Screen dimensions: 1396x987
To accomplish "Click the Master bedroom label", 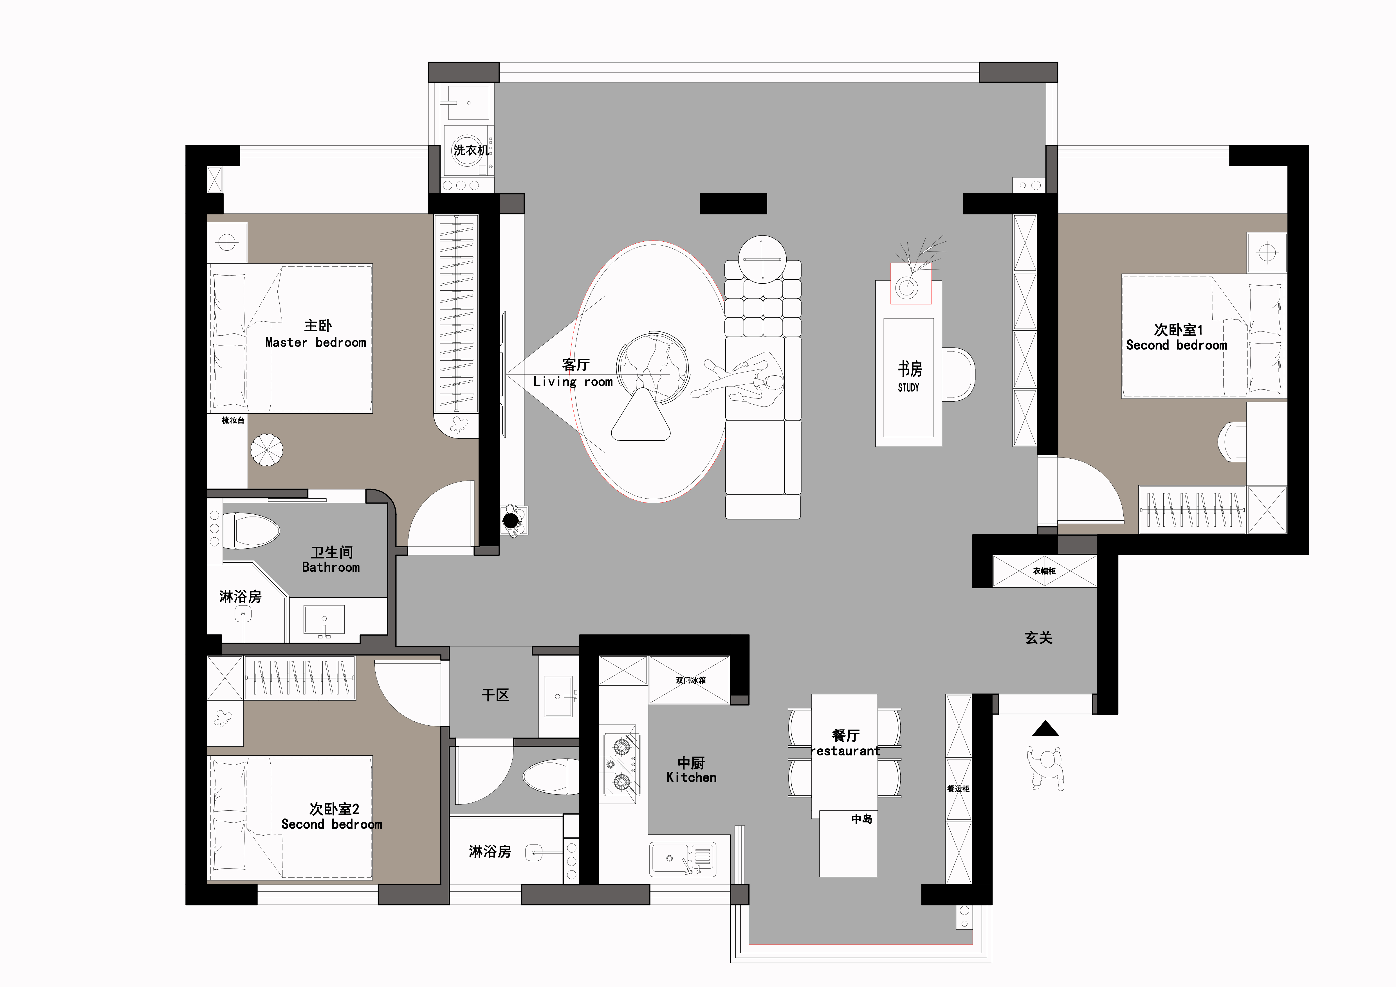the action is tap(316, 342).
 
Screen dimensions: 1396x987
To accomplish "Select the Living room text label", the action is tap(573, 382).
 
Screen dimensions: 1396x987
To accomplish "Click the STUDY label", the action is tap(908, 387).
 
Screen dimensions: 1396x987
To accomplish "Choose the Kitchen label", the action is tap(691, 777).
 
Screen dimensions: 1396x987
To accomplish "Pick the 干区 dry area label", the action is tap(495, 695).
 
